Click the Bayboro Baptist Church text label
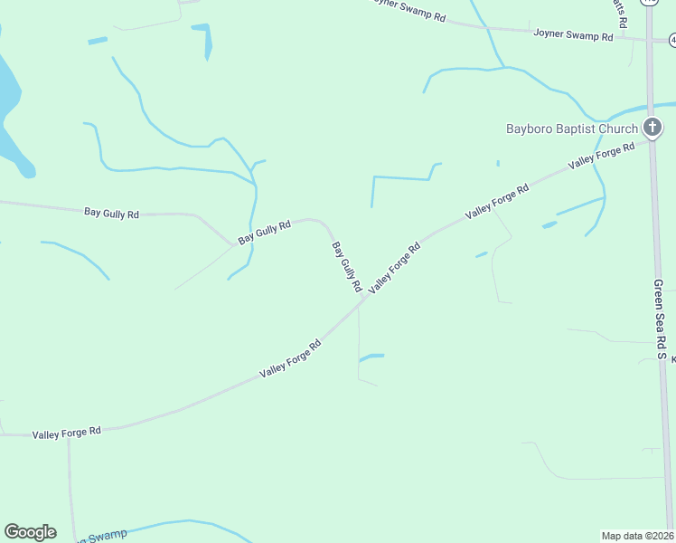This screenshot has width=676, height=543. click(x=571, y=129)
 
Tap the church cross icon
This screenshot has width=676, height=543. click(x=652, y=128)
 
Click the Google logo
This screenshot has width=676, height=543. click(x=30, y=532)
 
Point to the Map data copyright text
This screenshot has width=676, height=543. click(x=637, y=535)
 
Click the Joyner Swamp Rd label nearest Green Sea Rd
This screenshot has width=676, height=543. click(x=574, y=35)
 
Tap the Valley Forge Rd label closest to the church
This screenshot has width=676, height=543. click(x=595, y=157)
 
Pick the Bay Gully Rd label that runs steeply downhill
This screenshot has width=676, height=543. click(x=346, y=266)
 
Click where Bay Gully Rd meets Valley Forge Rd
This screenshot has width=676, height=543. click(x=363, y=299)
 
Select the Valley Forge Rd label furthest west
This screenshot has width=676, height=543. click(x=67, y=433)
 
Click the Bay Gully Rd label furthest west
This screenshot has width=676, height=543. click(x=111, y=214)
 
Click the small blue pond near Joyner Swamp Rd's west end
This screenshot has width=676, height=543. click(x=207, y=40)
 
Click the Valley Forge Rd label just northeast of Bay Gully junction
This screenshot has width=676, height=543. click(x=394, y=265)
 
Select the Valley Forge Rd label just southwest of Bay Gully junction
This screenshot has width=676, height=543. click(x=290, y=358)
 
